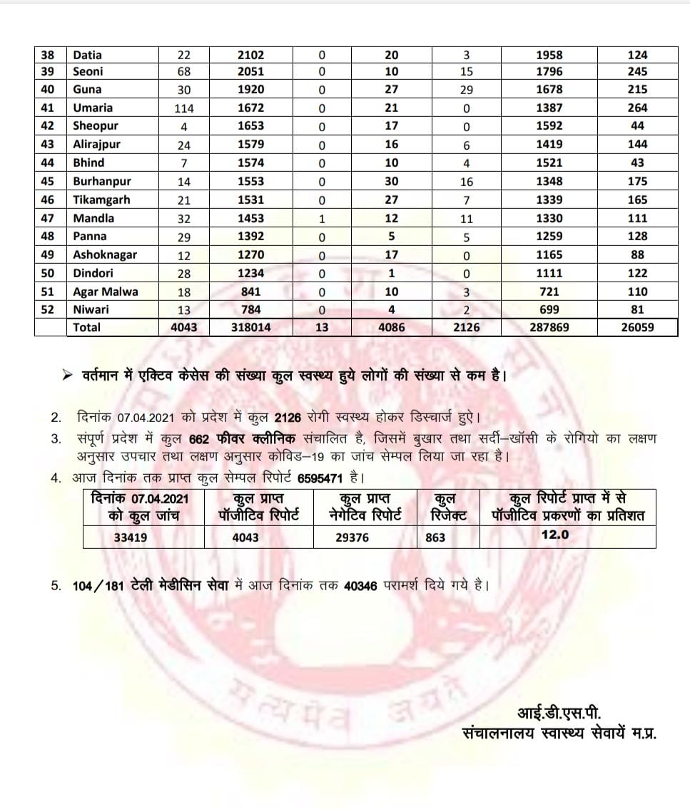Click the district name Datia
tap(87, 55)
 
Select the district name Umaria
tap(92, 108)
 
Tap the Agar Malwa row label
tap(105, 292)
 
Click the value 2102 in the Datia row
tap(251, 55)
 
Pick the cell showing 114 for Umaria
tap(184, 108)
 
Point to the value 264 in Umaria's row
tap(637, 108)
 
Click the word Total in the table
tap(86, 327)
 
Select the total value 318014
tap(251, 327)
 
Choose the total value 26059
tap(637, 327)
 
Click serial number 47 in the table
tap(48, 218)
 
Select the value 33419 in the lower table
tap(131, 537)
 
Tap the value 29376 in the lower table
tap(352, 537)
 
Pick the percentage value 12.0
tap(555, 535)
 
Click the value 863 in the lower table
tap(435, 537)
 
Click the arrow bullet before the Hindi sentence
tap(69, 376)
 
